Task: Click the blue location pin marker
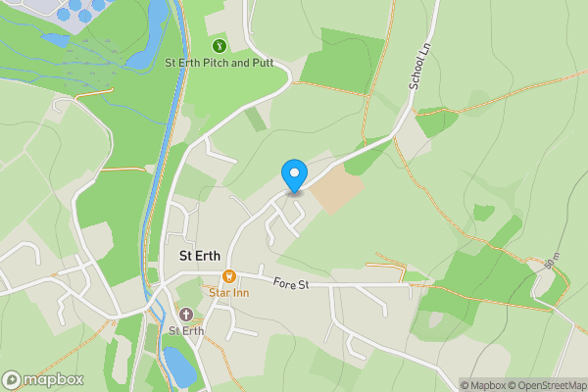coord(293,175)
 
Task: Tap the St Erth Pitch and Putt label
coord(219,64)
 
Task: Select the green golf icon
coord(219,44)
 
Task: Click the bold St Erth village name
coord(200,256)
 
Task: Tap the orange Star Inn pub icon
coord(229,277)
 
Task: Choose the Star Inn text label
coord(229,292)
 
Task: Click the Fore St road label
coord(290,285)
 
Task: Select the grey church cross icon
coord(185,314)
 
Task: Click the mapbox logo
coord(43,379)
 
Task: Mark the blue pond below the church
coord(178,365)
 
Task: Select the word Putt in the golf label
coord(258,64)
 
